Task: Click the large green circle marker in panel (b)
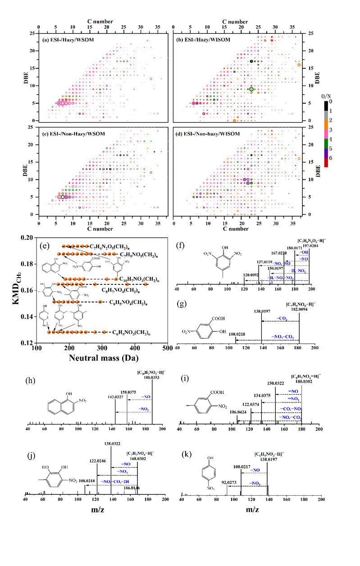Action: (251, 89)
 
